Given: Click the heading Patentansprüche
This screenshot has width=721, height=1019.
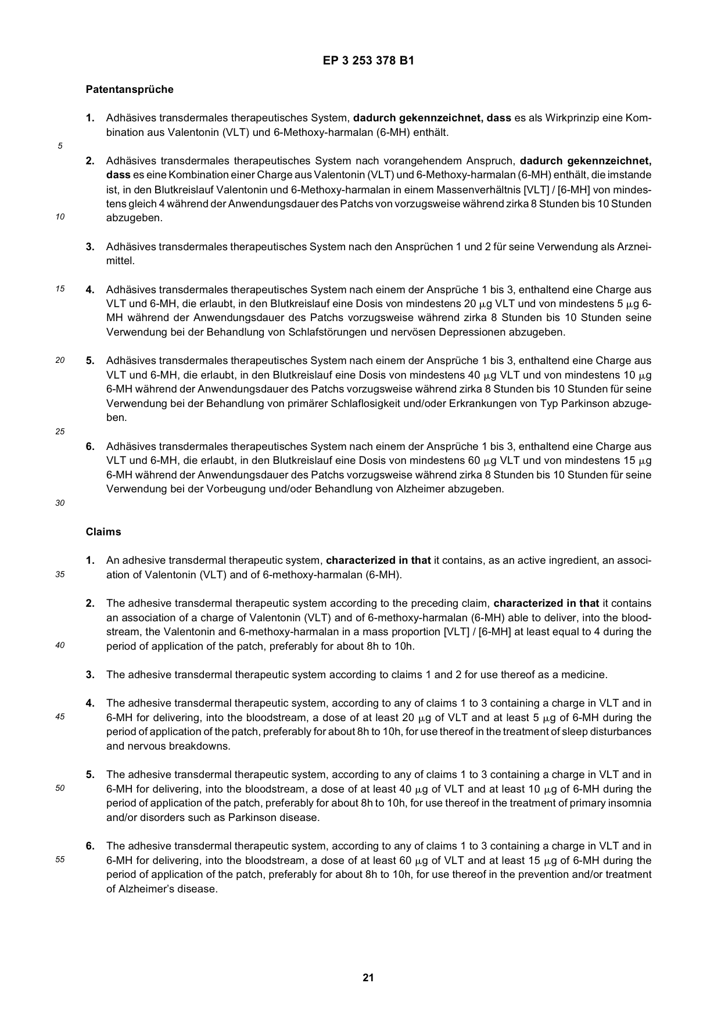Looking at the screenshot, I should point(129,89).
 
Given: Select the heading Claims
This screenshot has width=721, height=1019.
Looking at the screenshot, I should point(103,532).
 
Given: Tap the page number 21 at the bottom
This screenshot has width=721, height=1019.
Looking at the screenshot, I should point(368,978).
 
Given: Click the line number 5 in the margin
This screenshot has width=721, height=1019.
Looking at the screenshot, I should point(60,146).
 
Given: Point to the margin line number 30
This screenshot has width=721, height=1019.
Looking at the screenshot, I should point(60,503).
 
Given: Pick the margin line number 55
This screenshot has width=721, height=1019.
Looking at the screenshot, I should point(60,860).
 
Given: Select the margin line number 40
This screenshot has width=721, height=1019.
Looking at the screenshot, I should point(60,646).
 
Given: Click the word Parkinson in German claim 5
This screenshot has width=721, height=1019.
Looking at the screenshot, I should point(577,404).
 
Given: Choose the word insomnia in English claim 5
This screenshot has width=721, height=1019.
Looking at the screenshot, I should point(630,804).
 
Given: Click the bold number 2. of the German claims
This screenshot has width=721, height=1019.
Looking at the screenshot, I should point(91,161).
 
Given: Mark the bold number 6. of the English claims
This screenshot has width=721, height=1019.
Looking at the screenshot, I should point(91,846).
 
